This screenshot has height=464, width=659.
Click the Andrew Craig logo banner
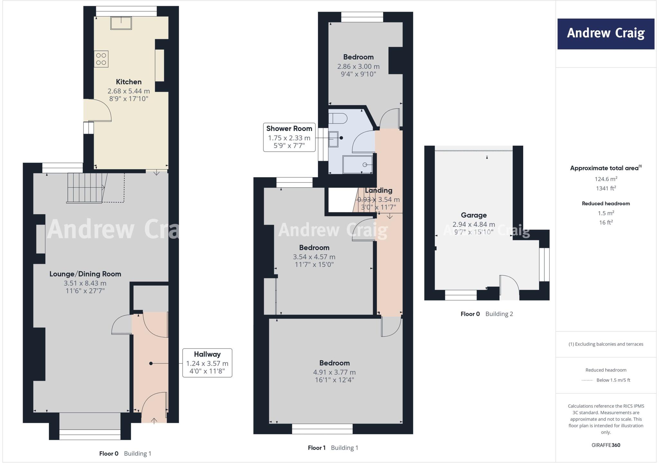[x=606, y=34]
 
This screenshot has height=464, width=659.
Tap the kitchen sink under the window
[x=121, y=23]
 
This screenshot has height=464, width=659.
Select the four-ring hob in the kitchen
[x=101, y=59]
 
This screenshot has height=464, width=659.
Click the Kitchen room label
[x=129, y=82]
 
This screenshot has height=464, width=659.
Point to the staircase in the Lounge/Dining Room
[x=86, y=188]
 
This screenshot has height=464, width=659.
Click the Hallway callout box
[x=207, y=363]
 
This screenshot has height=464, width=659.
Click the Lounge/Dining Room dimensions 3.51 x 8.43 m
[x=85, y=283]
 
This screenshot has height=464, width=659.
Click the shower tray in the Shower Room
[x=357, y=164]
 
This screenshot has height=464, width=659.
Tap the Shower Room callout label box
[x=289, y=137]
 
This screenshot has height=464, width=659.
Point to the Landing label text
[x=378, y=190]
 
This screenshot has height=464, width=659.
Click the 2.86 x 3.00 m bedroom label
[x=358, y=66]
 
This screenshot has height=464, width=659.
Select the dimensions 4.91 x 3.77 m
[x=334, y=372]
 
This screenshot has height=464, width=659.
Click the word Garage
[x=474, y=215]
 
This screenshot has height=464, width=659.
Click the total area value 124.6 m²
[x=606, y=179]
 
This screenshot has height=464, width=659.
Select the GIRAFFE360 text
[x=606, y=445]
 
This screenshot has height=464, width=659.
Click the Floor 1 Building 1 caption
[x=333, y=448]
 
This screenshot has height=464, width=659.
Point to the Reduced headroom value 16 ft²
[x=606, y=222]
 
